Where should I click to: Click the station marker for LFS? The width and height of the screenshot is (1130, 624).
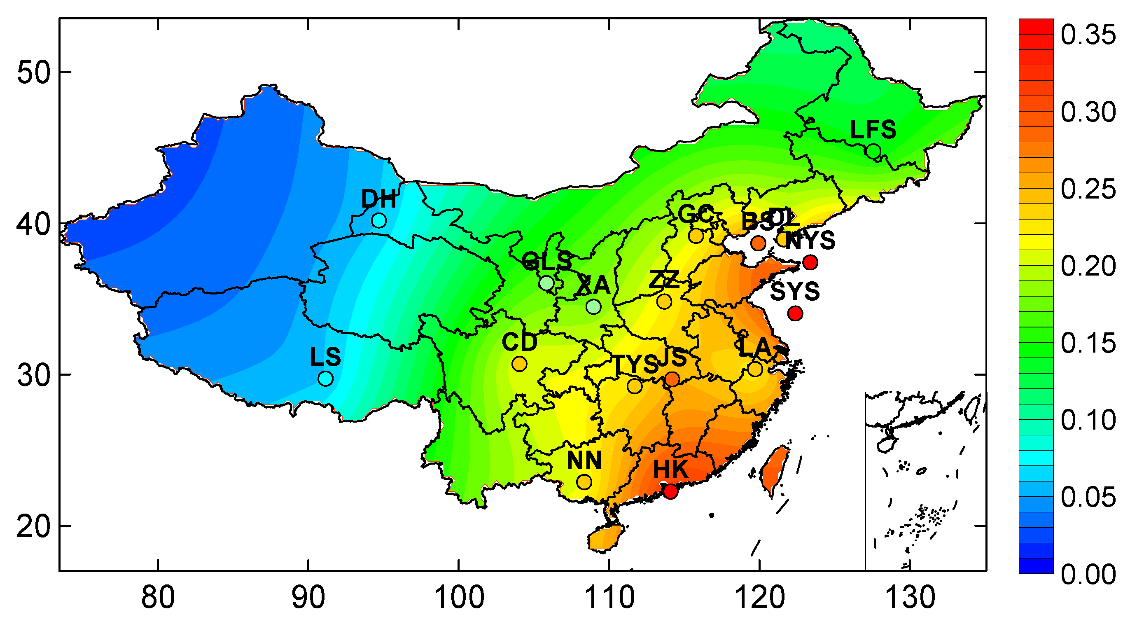point(873,152)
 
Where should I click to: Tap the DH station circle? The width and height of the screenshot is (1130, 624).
point(379,220)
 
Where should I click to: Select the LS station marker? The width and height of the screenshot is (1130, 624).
point(325,378)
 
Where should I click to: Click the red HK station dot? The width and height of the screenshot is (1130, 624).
point(670,491)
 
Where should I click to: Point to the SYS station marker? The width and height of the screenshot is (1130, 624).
point(795,313)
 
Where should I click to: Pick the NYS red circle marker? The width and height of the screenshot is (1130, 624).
point(810,262)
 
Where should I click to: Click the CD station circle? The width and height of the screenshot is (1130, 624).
point(519,364)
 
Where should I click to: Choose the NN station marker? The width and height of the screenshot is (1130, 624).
point(584,482)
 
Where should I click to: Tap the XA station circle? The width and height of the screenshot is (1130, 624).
point(593,306)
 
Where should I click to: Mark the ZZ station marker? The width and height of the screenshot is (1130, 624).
point(665,301)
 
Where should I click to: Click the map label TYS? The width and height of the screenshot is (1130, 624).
point(634,364)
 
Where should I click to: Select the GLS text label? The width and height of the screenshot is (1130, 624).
point(546,261)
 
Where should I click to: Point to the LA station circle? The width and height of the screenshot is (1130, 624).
point(755,369)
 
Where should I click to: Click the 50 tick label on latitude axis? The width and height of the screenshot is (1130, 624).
point(34,72)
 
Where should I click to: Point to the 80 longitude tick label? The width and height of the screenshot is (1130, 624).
point(158,598)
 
